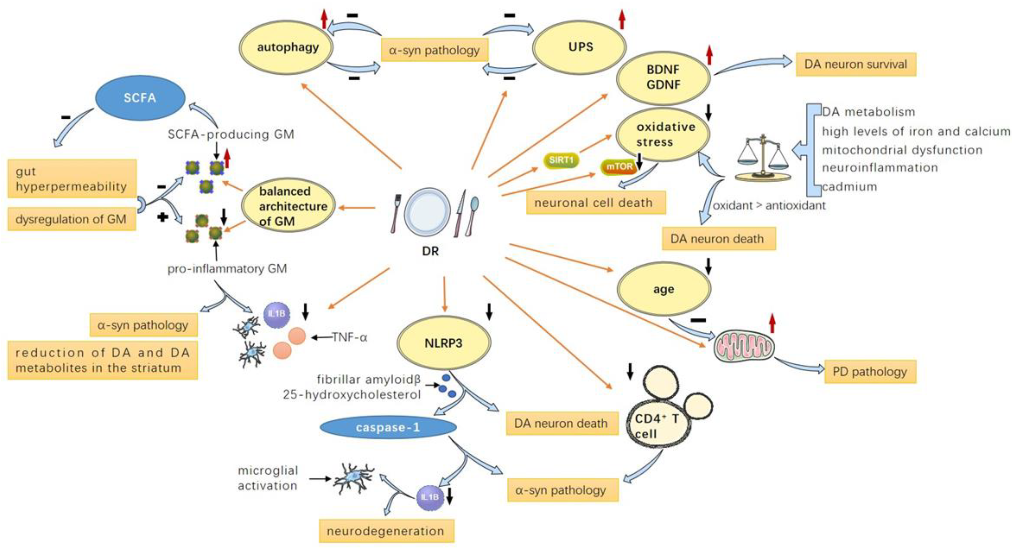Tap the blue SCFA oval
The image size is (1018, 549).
[x=140, y=97]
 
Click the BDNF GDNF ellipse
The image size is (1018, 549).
[x=663, y=77]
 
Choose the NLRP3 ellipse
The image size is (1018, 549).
[x=443, y=342]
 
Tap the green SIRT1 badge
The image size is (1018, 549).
[x=561, y=160]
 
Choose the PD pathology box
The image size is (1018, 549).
[x=870, y=372]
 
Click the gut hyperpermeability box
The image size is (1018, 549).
[x=72, y=179]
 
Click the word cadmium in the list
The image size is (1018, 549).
[x=850, y=187]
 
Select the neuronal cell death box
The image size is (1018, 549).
[x=595, y=203]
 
